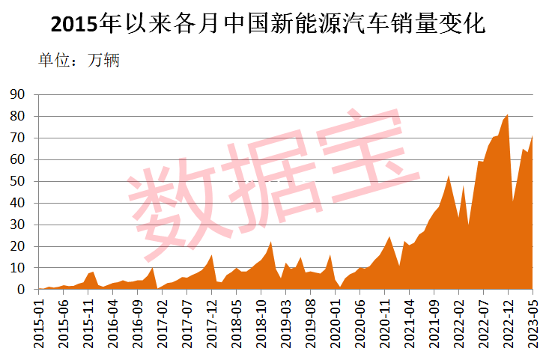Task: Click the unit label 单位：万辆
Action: [79, 61]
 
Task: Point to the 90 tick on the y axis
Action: [16, 94]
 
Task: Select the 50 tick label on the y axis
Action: [16, 181]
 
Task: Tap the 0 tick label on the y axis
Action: [20, 290]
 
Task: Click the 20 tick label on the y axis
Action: [16, 246]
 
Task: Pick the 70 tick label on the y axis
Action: [16, 138]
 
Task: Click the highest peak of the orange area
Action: [508, 115]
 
